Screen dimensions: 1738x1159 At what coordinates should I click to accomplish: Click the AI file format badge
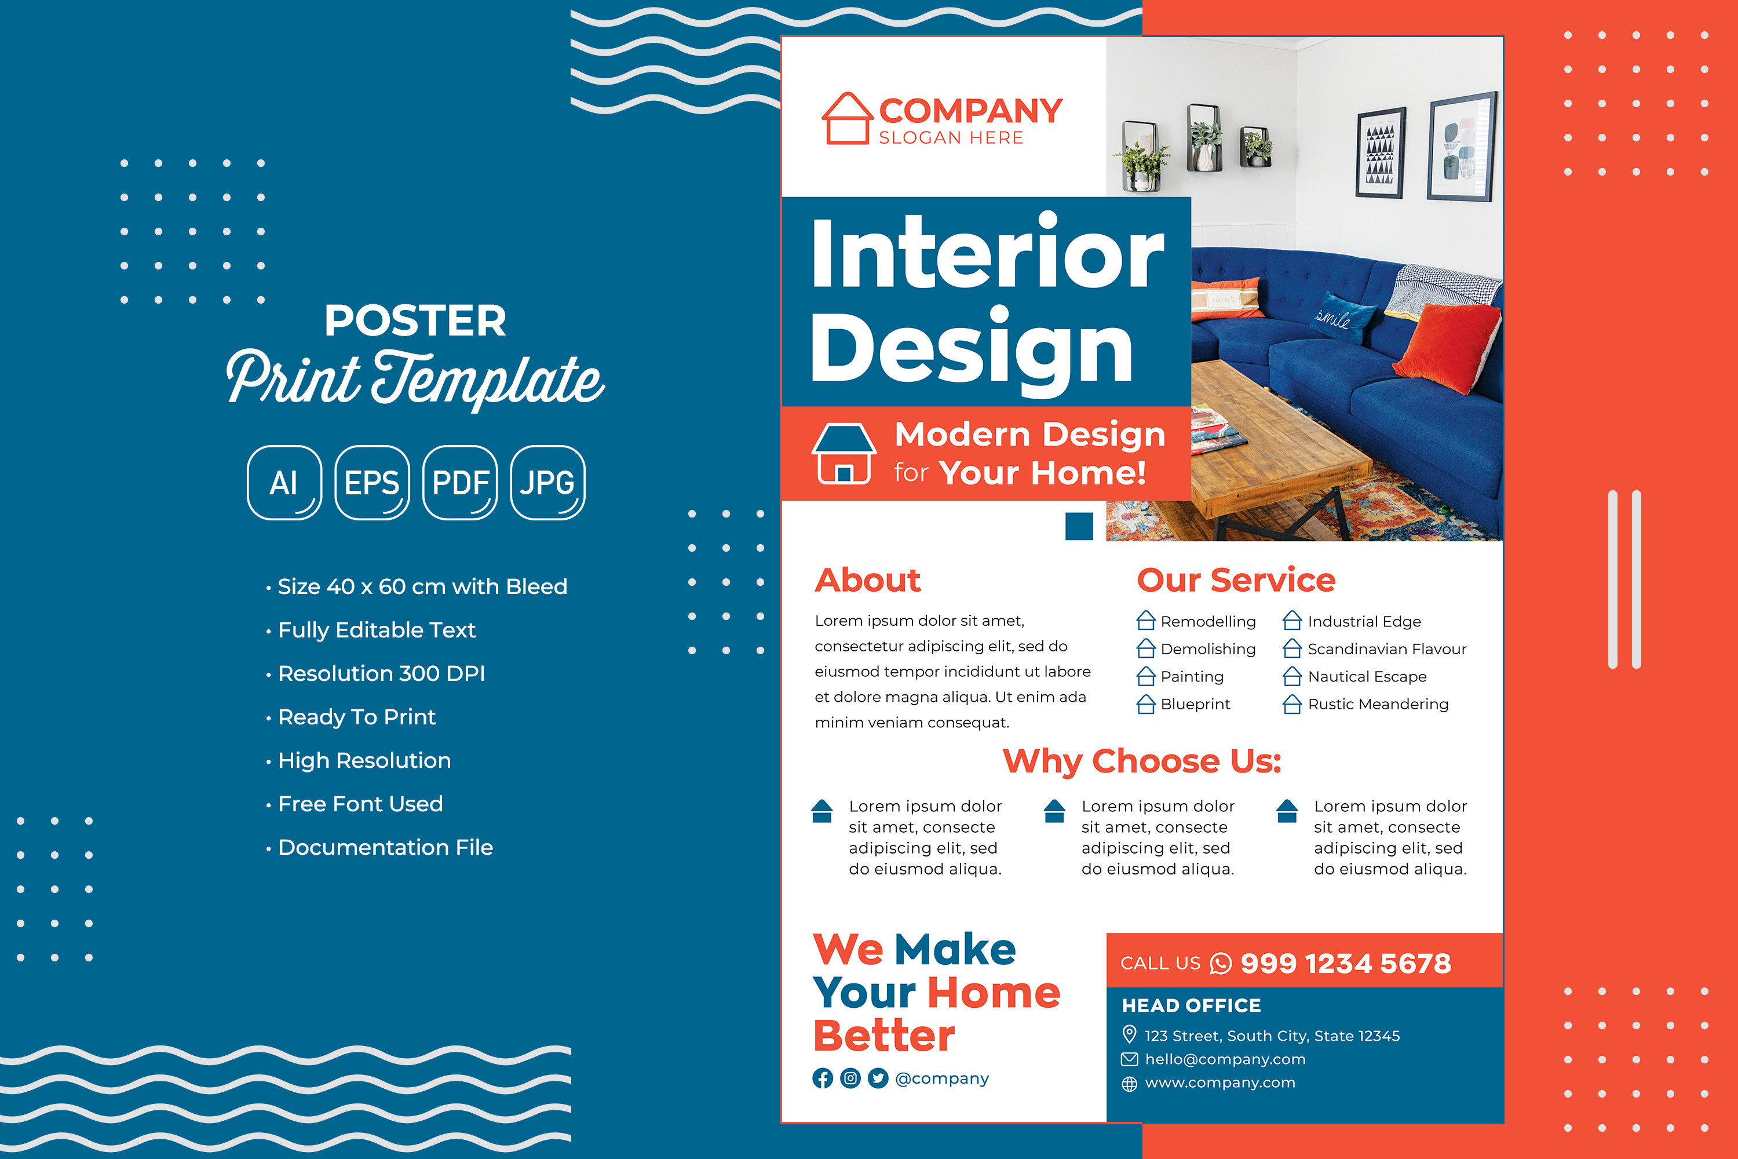(284, 483)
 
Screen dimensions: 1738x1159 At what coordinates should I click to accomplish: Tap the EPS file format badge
(373, 483)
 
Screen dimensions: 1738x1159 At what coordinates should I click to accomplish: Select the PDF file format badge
(461, 483)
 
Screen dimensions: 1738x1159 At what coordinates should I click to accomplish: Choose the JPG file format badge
(547, 483)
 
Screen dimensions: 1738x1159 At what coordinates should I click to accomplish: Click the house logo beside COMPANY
(848, 118)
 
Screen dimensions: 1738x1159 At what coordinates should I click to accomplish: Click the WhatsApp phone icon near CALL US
(1221, 964)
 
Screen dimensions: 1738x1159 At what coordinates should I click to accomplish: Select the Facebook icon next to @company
(823, 1078)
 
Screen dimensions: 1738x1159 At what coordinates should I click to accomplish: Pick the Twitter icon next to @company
(878, 1078)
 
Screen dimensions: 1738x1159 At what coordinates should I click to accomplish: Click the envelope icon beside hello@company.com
(1129, 1059)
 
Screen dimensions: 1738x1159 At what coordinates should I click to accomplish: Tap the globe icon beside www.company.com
(1129, 1084)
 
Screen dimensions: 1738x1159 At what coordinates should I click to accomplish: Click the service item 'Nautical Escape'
(1367, 676)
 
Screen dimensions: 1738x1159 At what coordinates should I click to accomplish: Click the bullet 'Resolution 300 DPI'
(381, 673)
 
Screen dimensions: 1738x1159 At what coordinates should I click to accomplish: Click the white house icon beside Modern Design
(844, 454)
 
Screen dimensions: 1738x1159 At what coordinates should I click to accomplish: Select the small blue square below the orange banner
(1079, 526)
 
